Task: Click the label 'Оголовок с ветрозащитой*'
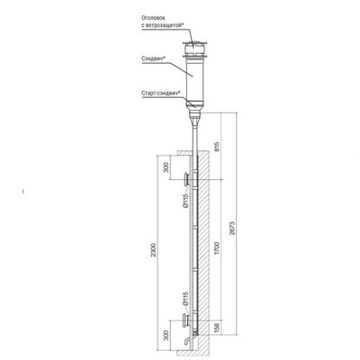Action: tap(162, 22)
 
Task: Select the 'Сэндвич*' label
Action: tap(154, 59)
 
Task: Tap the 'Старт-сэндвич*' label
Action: tap(160, 93)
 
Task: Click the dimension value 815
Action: tap(217, 146)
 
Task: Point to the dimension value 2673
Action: tap(232, 229)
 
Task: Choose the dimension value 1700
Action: tap(217, 247)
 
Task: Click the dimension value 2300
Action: tap(154, 249)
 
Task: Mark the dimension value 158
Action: tap(217, 327)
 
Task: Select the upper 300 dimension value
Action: tap(166, 167)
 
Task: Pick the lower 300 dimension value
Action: tap(166, 336)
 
